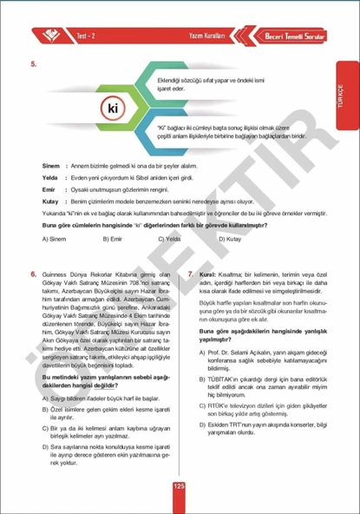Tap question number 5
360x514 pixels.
point(32,65)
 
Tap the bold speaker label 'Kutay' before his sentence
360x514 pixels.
point(49,200)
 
